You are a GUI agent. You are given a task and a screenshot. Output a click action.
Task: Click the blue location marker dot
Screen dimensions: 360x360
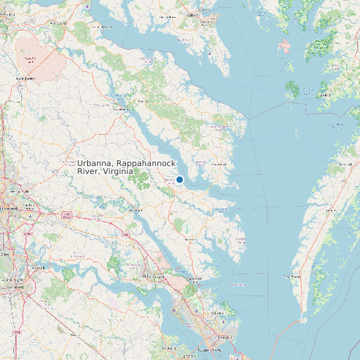pos(179,179)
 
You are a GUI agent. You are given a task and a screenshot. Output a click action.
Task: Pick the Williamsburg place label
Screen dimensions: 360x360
pos(155,274)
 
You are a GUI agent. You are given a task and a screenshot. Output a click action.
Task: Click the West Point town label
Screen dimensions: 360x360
pos(135,209)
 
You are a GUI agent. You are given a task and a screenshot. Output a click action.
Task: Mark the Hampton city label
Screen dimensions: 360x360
pos(226,337)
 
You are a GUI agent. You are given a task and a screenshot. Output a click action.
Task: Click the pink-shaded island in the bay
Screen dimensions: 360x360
pos(284,47)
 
